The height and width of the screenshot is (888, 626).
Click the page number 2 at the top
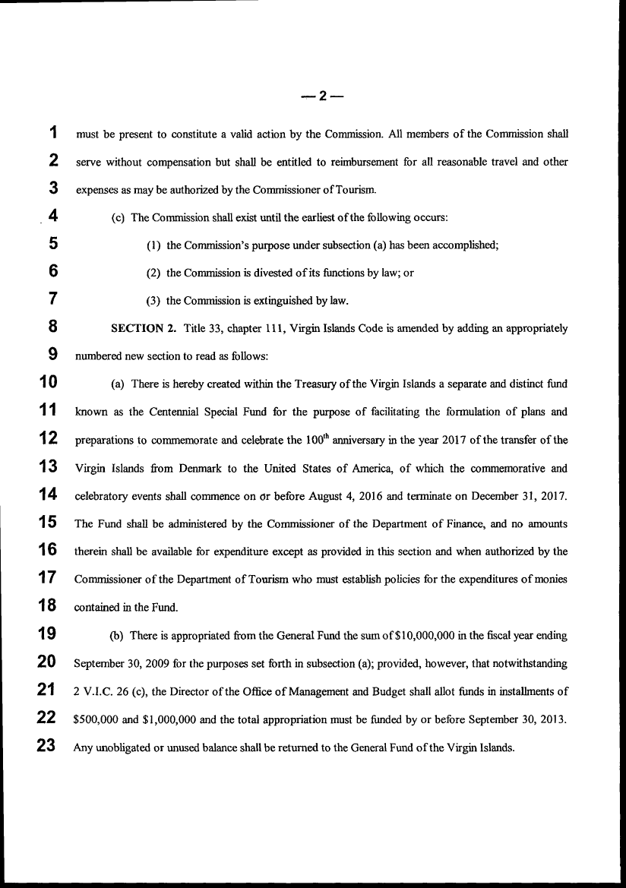322,96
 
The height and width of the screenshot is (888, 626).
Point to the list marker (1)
153,245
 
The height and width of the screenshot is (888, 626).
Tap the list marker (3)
153,300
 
